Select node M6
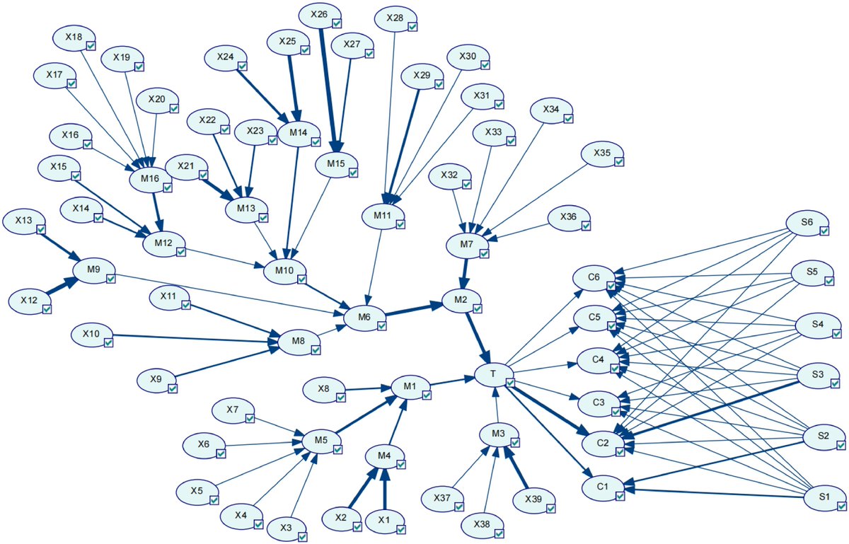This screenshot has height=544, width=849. click(x=364, y=317)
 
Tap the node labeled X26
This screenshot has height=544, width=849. click(x=319, y=13)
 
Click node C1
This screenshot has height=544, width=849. click(x=603, y=487)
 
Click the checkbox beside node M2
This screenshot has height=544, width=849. click(x=478, y=308)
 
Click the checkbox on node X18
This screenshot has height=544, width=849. click(x=91, y=45)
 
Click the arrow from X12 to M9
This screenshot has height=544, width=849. click(x=63, y=287)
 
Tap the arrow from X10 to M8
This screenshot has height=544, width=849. click(x=191, y=339)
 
